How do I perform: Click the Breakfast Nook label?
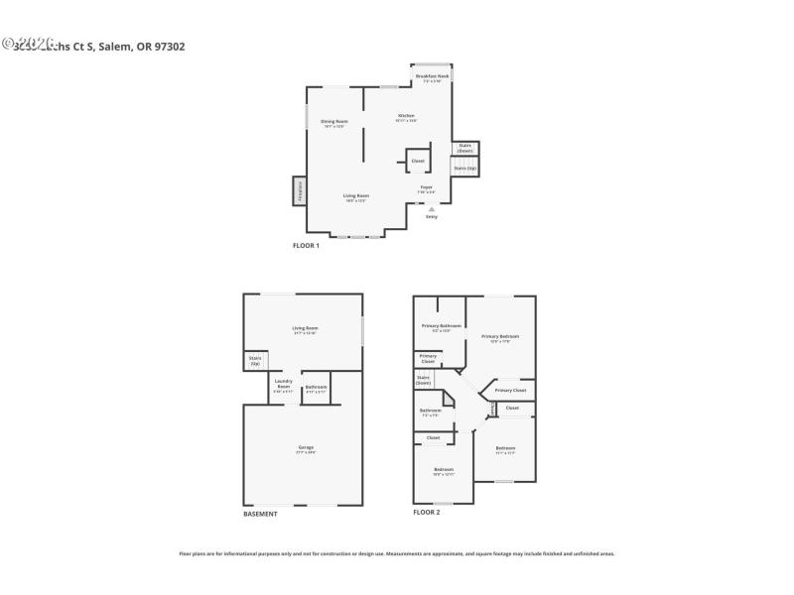tap(432, 76)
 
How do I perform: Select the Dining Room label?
tap(333, 122)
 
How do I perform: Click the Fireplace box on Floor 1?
tap(299, 190)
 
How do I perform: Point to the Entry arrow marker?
tap(431, 209)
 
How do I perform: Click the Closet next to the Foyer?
tap(417, 161)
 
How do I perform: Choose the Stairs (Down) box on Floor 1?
tap(464, 149)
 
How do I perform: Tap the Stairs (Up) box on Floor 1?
tap(464, 169)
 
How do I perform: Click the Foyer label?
tap(426, 187)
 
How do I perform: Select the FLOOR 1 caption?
tap(306, 245)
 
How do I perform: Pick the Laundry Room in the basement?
tap(283, 385)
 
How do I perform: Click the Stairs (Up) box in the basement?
tap(254, 361)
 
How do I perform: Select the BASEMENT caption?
tap(260, 514)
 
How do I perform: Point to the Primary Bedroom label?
tap(500, 337)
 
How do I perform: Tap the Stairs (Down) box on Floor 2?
tap(423, 379)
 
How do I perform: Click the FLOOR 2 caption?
tap(427, 512)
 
